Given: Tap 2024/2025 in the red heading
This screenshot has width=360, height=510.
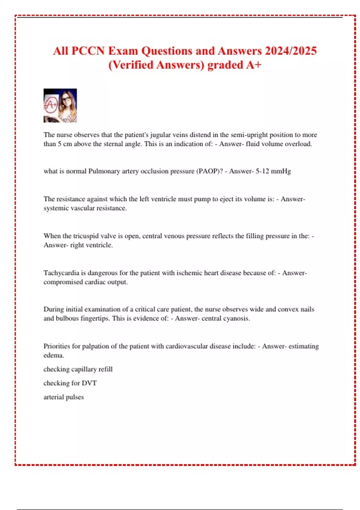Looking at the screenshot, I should (x=291, y=51).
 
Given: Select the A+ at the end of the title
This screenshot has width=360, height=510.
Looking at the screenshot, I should (x=254, y=65).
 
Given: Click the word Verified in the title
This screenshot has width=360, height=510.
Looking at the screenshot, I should (x=133, y=65).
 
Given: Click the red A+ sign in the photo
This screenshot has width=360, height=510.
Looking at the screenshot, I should (x=51, y=105).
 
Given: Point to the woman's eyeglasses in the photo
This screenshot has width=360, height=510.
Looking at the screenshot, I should (x=67, y=99).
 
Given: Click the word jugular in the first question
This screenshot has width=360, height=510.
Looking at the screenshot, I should (x=161, y=135).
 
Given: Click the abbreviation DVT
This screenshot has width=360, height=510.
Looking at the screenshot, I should (x=89, y=383).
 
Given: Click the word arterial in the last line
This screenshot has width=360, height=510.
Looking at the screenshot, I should (x=53, y=397).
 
